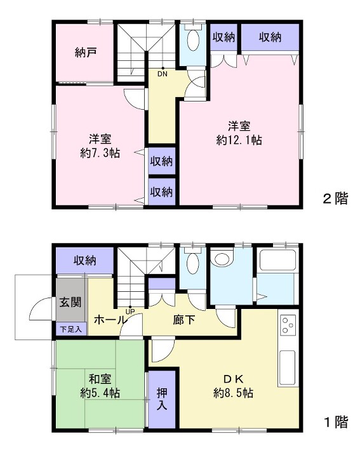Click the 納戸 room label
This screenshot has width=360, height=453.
(85, 52)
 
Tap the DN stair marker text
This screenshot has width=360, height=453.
(162, 74)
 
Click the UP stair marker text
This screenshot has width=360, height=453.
(130, 312)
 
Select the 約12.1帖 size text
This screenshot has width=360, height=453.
(239, 140)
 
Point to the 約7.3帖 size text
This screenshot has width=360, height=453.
(100, 153)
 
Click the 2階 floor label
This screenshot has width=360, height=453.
(335, 199)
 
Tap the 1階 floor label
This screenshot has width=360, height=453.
(335, 423)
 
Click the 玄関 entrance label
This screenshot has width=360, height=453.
(70, 302)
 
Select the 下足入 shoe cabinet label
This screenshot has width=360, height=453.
(71, 329)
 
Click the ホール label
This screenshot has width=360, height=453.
(110, 320)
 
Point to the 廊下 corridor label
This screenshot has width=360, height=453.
(184, 320)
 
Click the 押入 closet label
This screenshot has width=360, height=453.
(162, 399)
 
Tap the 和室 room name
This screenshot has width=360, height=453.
(100, 379)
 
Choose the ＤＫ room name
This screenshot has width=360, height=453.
(234, 379)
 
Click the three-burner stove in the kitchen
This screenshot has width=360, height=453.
(288, 325)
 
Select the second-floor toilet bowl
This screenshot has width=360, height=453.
(193, 39)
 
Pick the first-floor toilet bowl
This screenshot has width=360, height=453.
(193, 262)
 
